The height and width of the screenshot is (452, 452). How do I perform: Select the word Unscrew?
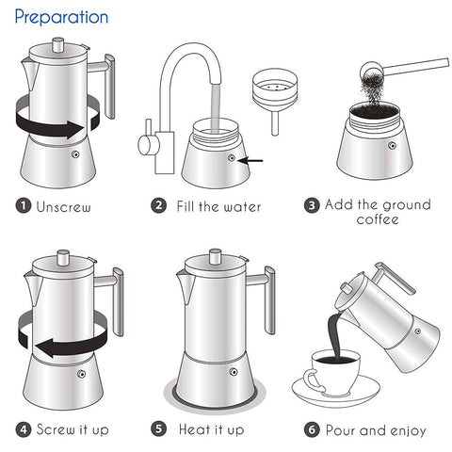coord(65,205)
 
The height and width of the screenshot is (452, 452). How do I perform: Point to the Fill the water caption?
coord(219,206)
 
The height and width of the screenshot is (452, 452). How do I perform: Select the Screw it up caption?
coord(73,429)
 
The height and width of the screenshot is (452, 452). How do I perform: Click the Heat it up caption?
coord(211,429)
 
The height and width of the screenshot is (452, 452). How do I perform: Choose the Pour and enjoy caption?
coord(376,429)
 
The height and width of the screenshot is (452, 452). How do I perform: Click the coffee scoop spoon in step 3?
coord(400,68)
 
